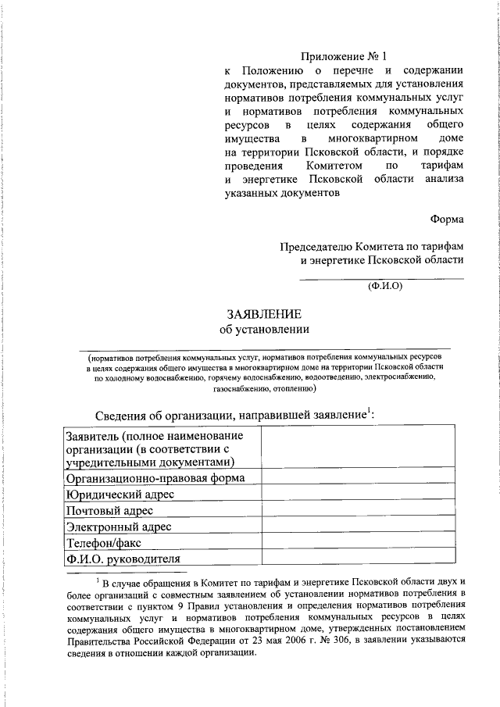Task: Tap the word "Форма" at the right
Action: pos(447,219)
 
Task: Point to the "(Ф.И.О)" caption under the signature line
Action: pos(384,286)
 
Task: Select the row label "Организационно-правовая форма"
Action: pos(156,477)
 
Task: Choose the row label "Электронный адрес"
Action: pos(119,527)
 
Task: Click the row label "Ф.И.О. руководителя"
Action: pos(123,559)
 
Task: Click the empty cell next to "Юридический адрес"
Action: pos(357,494)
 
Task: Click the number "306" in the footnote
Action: pos(341,641)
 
